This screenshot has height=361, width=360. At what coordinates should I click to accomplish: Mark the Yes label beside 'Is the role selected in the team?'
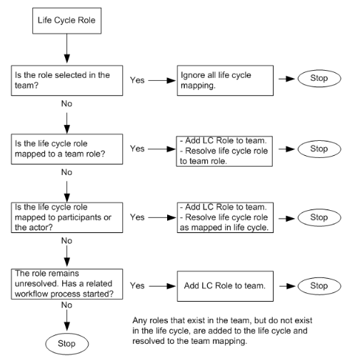point(137,81)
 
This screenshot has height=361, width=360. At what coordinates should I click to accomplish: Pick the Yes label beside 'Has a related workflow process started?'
point(137,286)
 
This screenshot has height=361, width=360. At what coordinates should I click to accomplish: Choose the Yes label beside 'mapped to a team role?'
point(137,149)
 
